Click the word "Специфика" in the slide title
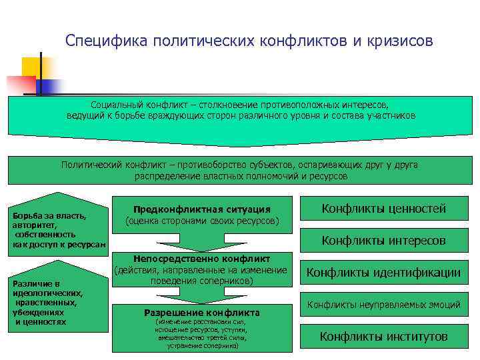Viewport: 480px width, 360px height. (x=107, y=41)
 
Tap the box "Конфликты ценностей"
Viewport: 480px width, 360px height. (x=383, y=209)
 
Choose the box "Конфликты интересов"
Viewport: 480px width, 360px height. (x=383, y=241)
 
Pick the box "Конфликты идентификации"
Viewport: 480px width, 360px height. (x=383, y=273)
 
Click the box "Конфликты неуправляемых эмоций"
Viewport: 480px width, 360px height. (x=383, y=305)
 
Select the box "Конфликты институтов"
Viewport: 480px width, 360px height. (x=383, y=337)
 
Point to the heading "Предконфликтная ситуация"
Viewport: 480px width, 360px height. (x=202, y=209)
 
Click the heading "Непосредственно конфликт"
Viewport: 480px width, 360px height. (x=202, y=259)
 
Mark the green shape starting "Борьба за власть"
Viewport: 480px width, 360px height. (x=59, y=227)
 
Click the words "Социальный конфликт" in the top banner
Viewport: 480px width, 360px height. (x=139, y=105)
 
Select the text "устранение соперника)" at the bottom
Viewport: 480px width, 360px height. (x=203, y=347)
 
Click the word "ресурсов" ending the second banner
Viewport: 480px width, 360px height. (x=327, y=176)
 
